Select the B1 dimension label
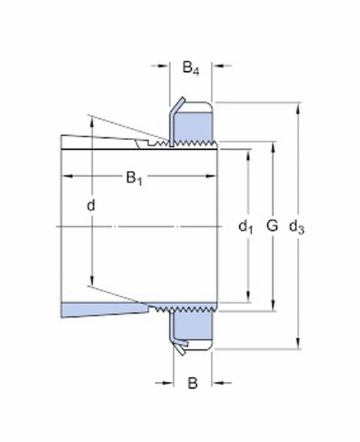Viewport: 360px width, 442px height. coord(133,178)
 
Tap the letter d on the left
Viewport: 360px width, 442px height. coord(91,204)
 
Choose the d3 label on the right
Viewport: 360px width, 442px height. coord(298,226)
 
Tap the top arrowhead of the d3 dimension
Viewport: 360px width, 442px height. coord(299,106)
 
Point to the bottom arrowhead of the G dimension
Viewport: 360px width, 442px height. coord(272,307)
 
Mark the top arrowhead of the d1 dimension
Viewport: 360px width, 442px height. coord(247,153)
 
